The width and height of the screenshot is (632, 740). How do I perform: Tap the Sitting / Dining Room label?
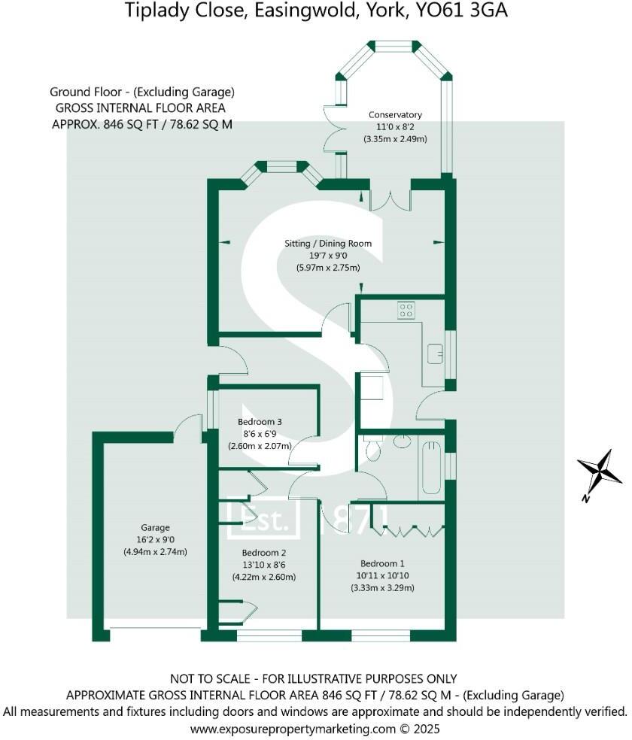tap(328, 244)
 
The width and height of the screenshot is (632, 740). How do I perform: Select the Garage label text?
tap(155, 528)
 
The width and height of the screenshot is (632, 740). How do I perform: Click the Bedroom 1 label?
tap(382, 564)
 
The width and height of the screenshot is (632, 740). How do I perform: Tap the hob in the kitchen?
tap(406, 310)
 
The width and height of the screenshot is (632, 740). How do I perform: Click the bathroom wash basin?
tap(401, 441)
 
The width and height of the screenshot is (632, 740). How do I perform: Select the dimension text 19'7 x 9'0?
tap(328, 256)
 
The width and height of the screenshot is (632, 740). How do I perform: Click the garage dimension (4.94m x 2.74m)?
tap(155, 552)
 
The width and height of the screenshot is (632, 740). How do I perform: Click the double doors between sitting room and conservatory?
tap(389, 197)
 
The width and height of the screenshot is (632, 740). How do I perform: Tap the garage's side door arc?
tap(184, 430)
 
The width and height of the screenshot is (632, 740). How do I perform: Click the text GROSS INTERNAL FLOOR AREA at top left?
tap(141, 108)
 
